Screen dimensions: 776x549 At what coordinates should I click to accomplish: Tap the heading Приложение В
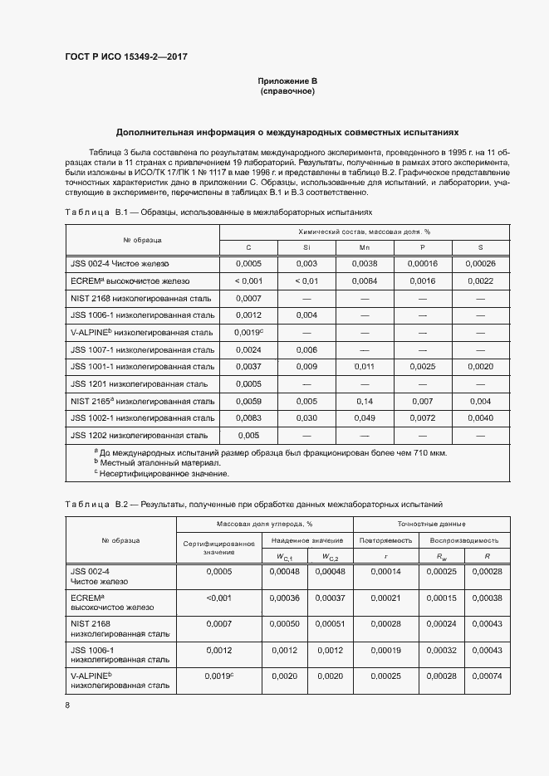tap(287, 81)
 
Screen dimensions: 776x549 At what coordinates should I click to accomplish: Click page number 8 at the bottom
tap(66, 705)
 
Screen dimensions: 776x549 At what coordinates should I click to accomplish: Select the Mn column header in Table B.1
tap(365, 247)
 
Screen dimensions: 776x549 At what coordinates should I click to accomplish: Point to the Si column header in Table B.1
tap(306, 247)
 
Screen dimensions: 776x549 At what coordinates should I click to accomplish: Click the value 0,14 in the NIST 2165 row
tap(365, 401)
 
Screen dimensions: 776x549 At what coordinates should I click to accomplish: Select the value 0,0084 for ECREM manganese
tap(365, 281)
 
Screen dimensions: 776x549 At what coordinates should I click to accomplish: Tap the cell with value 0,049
tap(365, 417)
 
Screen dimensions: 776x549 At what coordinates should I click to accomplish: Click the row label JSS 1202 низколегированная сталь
tap(139, 435)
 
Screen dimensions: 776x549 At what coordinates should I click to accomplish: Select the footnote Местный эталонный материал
tap(148, 462)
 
